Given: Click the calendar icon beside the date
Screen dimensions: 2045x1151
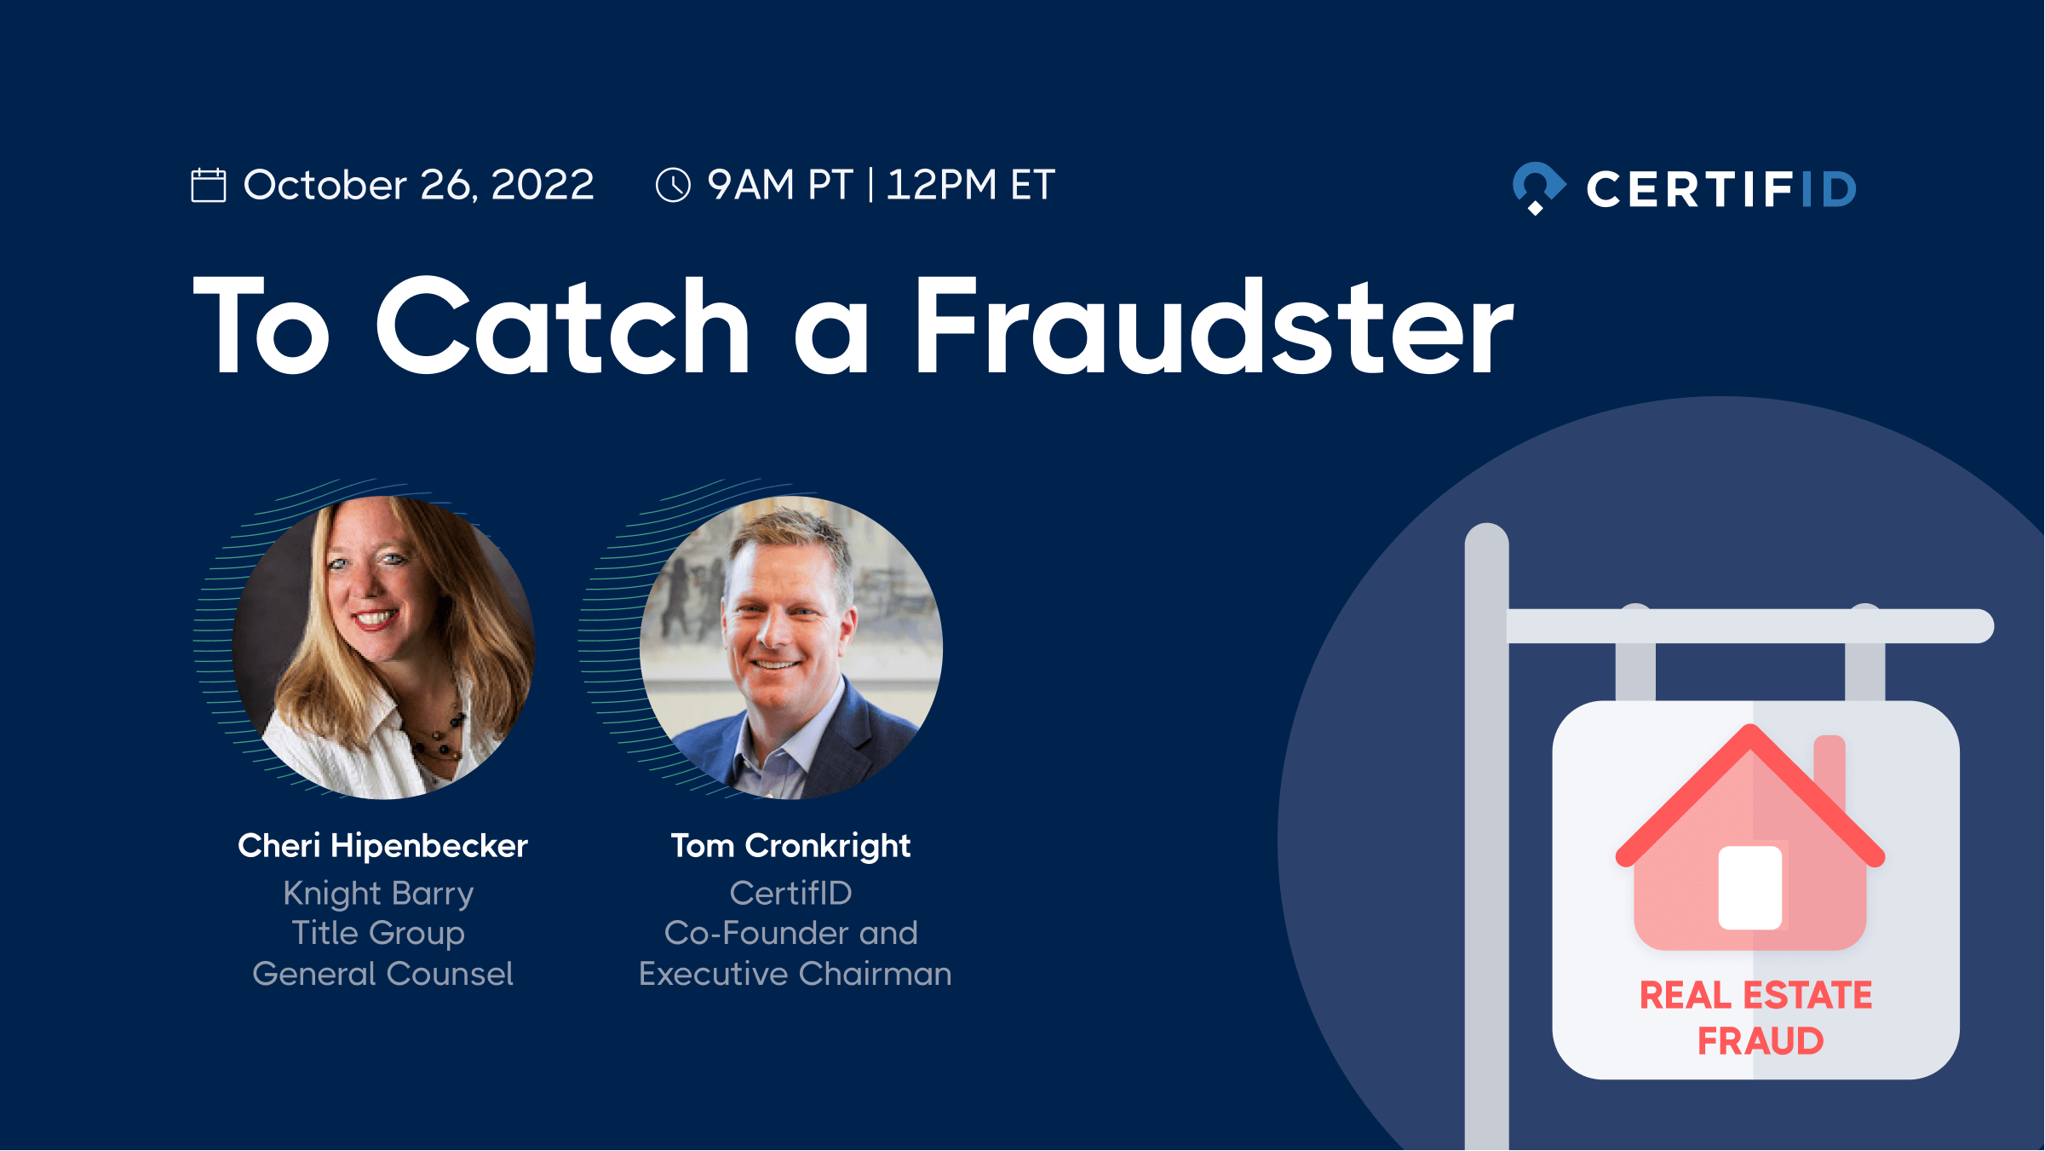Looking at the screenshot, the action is click(209, 185).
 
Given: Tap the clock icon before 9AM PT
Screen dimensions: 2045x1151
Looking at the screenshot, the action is click(673, 185).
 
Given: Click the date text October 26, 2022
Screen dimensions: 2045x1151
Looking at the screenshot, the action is click(419, 186).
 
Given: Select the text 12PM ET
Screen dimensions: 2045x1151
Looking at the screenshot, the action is click(971, 185).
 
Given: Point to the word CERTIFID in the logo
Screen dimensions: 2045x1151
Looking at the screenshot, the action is click(1721, 189).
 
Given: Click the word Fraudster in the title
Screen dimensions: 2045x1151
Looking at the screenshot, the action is click(1215, 326).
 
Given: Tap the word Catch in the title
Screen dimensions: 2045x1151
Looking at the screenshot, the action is click(562, 326).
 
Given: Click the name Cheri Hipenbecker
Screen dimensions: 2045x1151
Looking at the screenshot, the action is click(382, 846).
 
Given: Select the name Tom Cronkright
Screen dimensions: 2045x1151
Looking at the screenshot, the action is click(791, 846).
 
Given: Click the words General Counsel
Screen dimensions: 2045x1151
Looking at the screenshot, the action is click(382, 974).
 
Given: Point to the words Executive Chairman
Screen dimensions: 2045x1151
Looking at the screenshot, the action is click(795, 974).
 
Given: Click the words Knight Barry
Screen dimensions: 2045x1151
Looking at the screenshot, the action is click(379, 894).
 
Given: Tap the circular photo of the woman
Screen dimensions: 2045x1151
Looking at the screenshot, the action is click(383, 647).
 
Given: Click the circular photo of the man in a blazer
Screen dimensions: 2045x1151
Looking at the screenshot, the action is click(791, 647).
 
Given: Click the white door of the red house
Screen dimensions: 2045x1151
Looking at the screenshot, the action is click(1750, 888).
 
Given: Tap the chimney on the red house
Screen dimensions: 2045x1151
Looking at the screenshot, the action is click(1830, 775).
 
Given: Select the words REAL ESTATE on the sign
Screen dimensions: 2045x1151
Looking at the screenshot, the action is click(1756, 995).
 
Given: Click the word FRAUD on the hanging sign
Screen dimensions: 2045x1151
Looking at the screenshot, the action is click(1761, 1041).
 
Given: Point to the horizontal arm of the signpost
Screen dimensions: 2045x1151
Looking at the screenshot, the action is click(1750, 626).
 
